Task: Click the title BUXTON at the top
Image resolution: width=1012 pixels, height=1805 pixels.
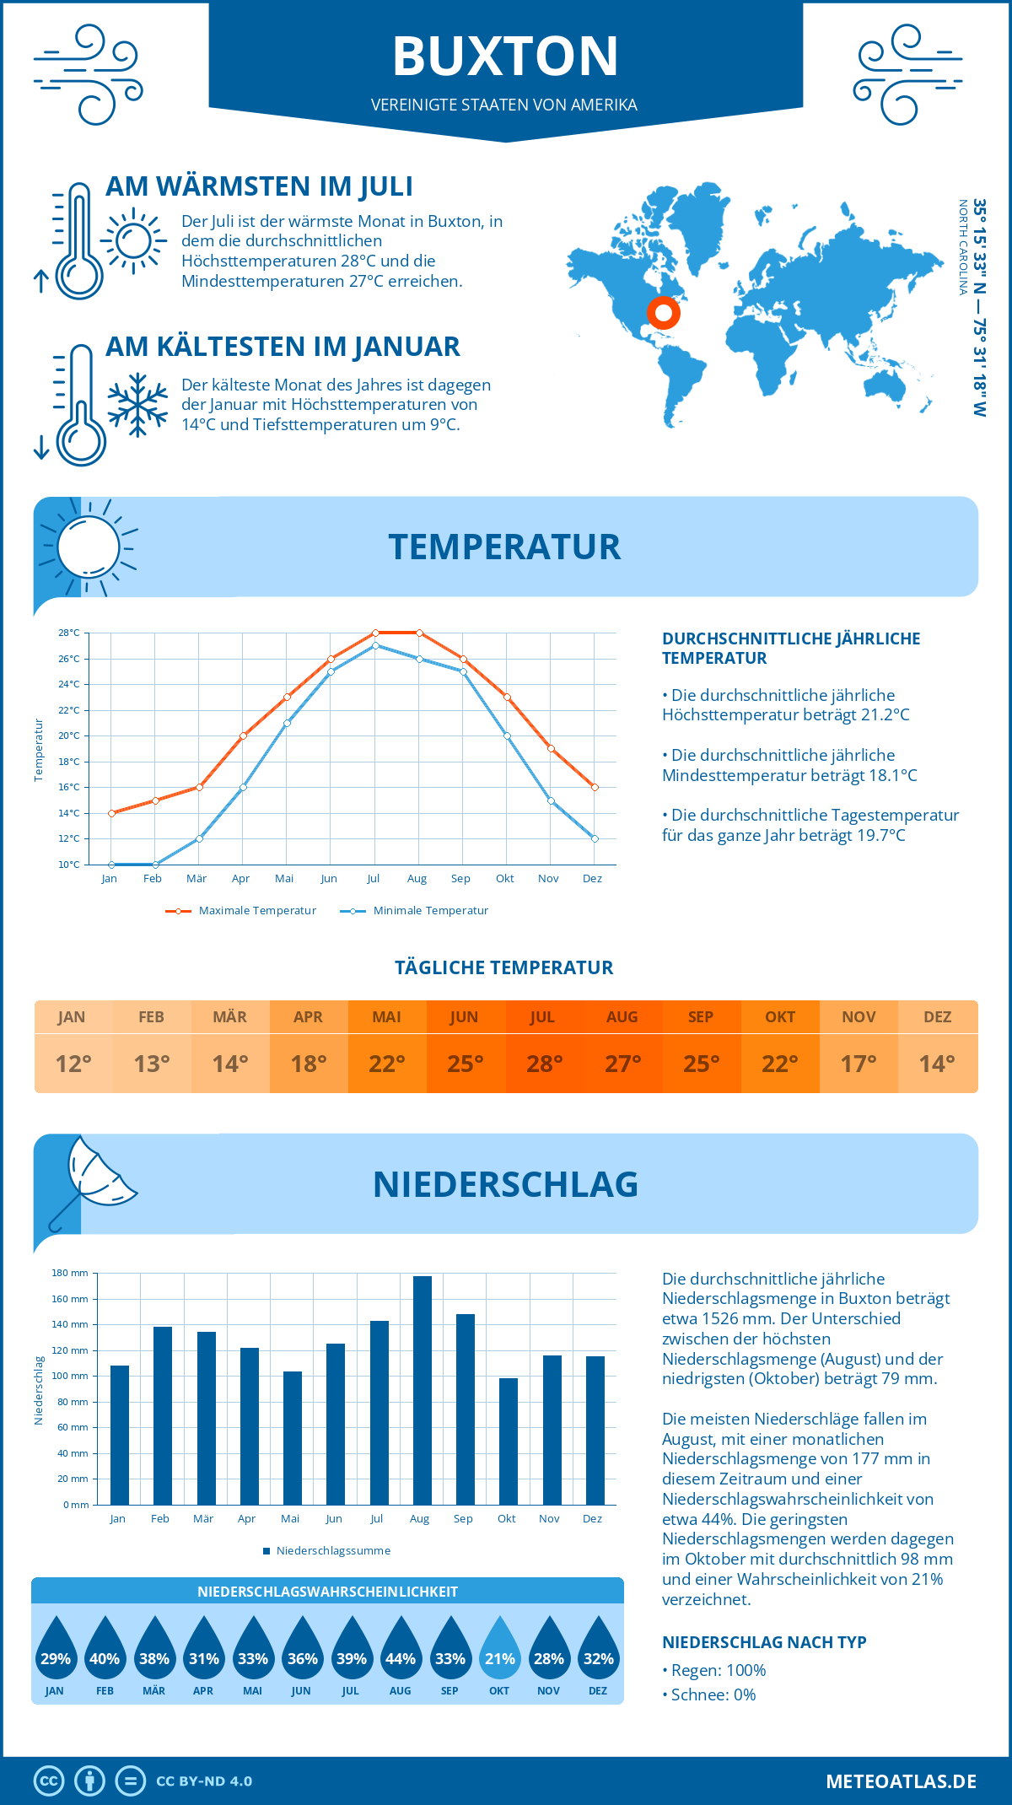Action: coord(505,57)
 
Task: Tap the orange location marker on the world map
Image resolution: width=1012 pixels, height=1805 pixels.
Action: coord(664,313)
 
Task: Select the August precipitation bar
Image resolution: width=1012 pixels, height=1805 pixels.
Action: coord(422,1390)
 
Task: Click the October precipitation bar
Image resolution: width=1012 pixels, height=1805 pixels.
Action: coord(509,1441)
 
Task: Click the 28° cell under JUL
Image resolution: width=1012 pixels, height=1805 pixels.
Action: coord(544,1064)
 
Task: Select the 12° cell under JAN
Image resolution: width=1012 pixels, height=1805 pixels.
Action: coord(73,1064)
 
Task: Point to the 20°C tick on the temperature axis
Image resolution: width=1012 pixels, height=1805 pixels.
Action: coord(69,735)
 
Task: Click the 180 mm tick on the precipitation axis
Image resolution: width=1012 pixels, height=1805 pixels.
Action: coord(70,1273)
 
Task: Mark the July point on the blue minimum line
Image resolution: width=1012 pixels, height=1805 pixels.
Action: coord(375,645)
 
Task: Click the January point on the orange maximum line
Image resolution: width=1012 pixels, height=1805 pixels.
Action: coord(111,813)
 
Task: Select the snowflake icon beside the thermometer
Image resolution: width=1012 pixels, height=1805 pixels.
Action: coord(137,404)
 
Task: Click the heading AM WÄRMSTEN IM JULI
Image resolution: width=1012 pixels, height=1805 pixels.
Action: coord(259,186)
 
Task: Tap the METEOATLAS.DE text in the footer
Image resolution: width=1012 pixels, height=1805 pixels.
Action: coord(901,1781)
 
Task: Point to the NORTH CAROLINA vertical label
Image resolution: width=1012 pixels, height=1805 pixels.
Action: coord(962,247)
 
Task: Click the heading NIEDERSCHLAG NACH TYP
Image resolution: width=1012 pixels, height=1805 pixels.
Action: coord(764,1642)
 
